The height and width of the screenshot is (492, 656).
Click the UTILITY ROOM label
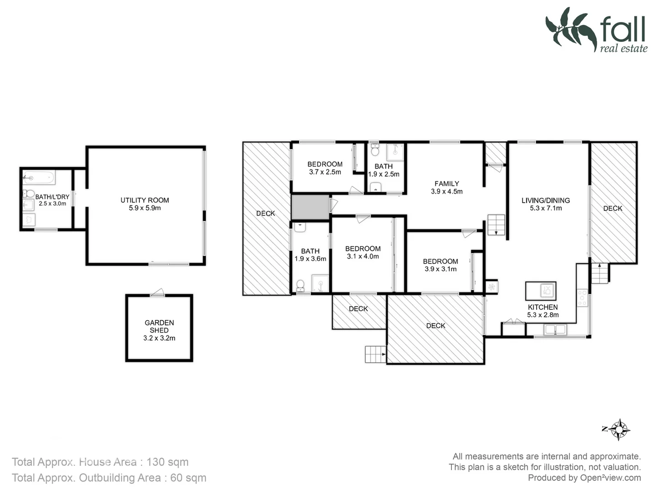144,200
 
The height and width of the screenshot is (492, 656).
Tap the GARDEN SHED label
159,326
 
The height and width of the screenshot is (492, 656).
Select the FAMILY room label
446,184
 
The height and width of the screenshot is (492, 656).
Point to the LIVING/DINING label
545,200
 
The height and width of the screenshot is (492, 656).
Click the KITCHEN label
543,307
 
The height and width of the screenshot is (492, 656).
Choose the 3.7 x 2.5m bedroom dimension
325,172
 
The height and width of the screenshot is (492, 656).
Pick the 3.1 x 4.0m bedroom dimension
363,256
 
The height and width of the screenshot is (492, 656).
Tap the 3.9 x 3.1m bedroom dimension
440,269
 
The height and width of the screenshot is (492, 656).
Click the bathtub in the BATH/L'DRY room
39,177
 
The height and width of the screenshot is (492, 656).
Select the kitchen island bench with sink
541,290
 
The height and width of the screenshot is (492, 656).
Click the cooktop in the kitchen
582,297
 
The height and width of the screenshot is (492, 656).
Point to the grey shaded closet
310,207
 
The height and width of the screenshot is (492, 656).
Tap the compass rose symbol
619,429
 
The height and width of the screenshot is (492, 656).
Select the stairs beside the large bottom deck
375,354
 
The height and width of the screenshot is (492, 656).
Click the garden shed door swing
158,293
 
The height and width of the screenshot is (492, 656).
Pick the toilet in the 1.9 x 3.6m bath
300,286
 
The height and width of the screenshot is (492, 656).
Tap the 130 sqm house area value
167,462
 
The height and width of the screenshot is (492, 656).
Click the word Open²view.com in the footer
610,478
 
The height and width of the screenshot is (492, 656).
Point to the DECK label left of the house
266,213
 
